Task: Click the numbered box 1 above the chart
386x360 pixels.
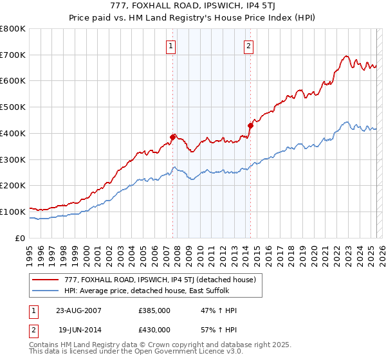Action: click(x=171, y=46)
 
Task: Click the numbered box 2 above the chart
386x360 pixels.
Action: click(x=248, y=46)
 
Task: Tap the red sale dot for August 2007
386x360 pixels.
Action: click(x=173, y=136)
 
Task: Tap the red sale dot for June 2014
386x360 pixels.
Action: click(x=250, y=125)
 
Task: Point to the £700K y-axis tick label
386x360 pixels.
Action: click(x=13, y=55)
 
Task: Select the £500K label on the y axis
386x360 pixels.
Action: click(x=13, y=107)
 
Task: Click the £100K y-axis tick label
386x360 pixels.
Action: click(x=13, y=212)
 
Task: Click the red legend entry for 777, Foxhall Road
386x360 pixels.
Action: click(x=160, y=280)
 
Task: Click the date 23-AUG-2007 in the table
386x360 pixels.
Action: click(x=79, y=310)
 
